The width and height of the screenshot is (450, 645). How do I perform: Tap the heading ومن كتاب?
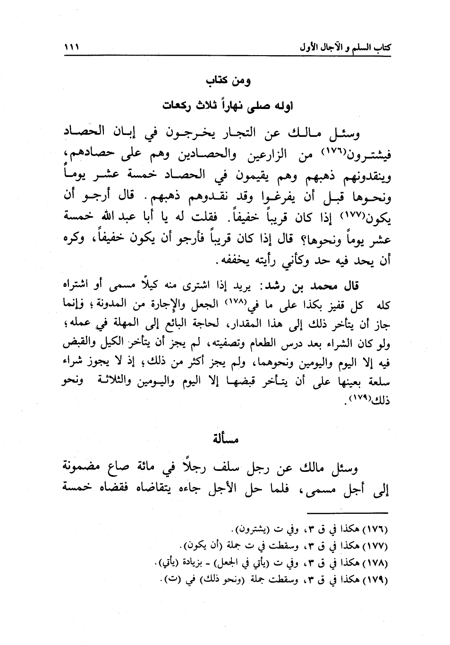point(228,81)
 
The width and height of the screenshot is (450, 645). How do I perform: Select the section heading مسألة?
point(225,440)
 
